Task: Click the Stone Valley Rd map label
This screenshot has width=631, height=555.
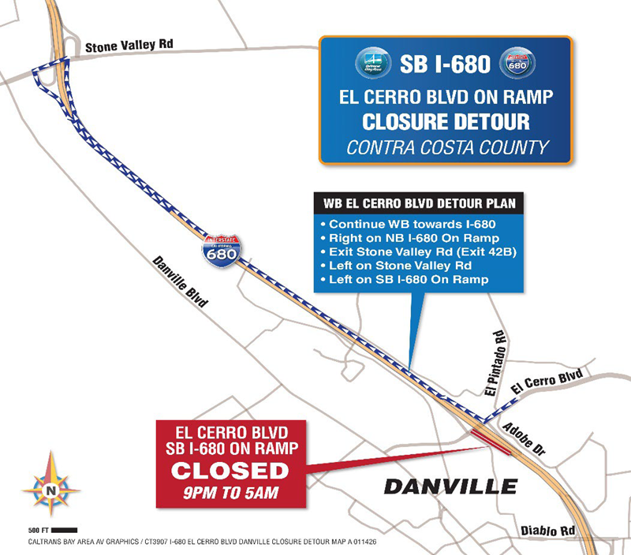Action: [129, 45]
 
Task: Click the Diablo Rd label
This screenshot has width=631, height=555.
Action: [547, 531]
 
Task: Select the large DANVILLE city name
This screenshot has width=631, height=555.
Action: [450, 486]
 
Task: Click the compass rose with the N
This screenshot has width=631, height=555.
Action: [51, 484]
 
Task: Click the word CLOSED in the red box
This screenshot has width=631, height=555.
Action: [230, 471]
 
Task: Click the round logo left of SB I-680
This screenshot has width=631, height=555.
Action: [372, 64]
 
